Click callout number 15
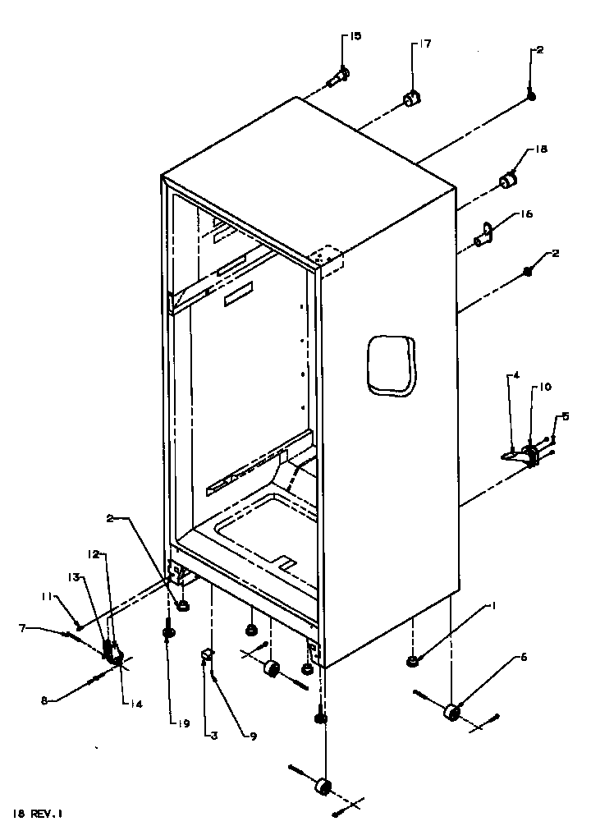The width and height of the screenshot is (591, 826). pyautogui.click(x=355, y=37)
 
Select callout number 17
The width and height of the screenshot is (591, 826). pyautogui.click(x=425, y=44)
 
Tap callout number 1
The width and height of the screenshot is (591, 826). pyautogui.click(x=494, y=607)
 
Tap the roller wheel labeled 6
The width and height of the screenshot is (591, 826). pyautogui.click(x=450, y=713)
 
